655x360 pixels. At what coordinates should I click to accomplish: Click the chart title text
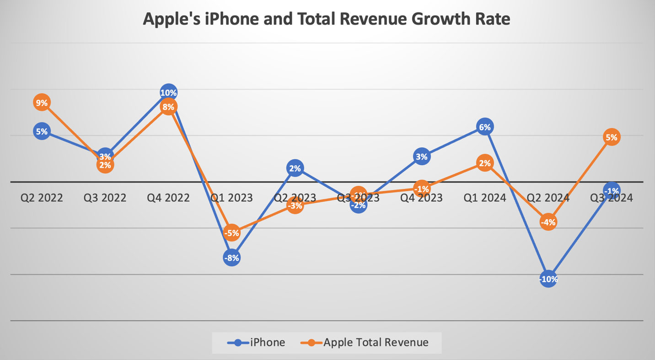coord(327,19)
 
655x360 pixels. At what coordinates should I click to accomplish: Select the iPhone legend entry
coord(257,342)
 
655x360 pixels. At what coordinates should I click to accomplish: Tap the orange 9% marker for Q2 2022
coord(42,103)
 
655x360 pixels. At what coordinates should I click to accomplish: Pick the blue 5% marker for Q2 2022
coord(42,132)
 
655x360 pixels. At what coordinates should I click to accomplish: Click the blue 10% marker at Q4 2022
coord(168,93)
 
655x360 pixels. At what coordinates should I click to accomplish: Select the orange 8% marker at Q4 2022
coord(168,107)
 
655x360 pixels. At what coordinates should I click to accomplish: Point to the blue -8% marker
coord(231,258)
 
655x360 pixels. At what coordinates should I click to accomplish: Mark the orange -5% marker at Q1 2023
coord(231,233)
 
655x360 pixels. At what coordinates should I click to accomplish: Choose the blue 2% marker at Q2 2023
coord(295,168)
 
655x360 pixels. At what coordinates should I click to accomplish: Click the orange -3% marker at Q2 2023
coord(295,206)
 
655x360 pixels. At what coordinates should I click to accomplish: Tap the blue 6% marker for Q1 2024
coord(484,127)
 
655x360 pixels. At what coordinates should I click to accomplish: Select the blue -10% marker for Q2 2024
coord(548,279)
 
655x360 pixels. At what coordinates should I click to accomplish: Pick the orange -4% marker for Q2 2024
coord(548,222)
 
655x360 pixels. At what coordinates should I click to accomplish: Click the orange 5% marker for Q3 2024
coord(612,137)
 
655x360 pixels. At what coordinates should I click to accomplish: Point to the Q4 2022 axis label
coord(168,198)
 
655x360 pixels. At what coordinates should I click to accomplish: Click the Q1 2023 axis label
coord(231,198)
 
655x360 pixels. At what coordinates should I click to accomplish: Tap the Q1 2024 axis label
coord(484,198)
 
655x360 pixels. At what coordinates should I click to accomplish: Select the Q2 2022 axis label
coord(42,198)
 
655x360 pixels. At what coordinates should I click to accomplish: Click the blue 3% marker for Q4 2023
coord(421,157)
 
